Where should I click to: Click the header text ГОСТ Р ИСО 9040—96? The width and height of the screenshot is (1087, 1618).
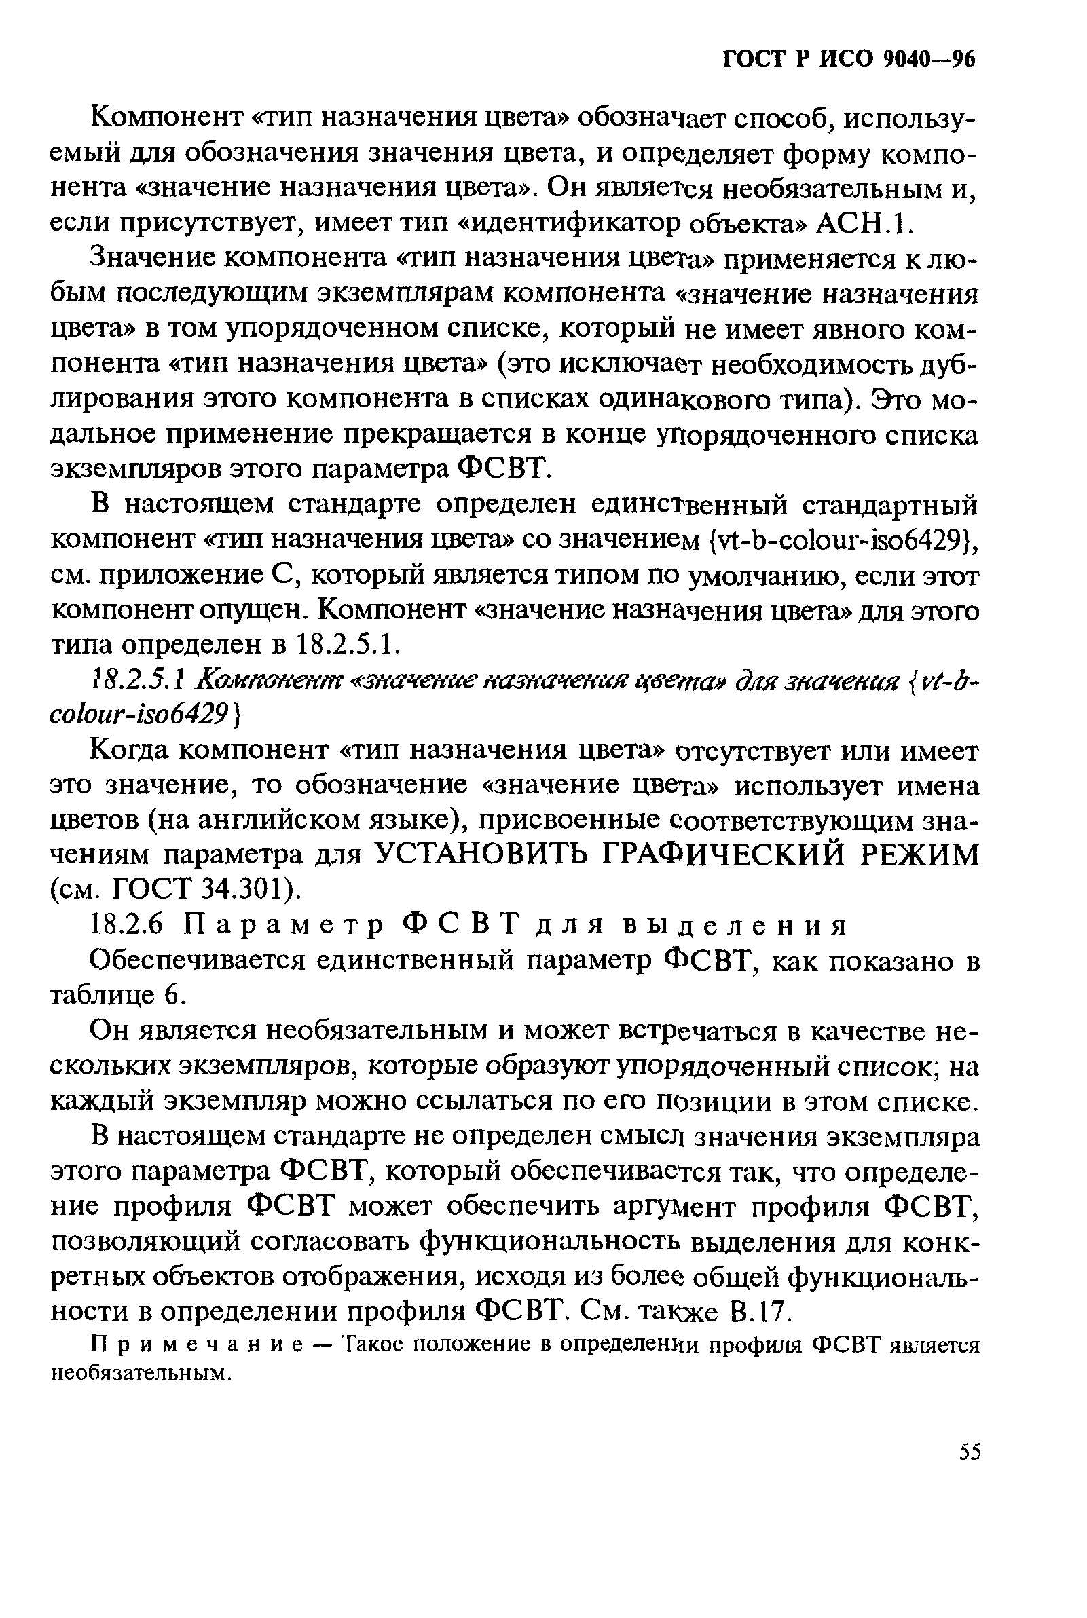click(x=849, y=60)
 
